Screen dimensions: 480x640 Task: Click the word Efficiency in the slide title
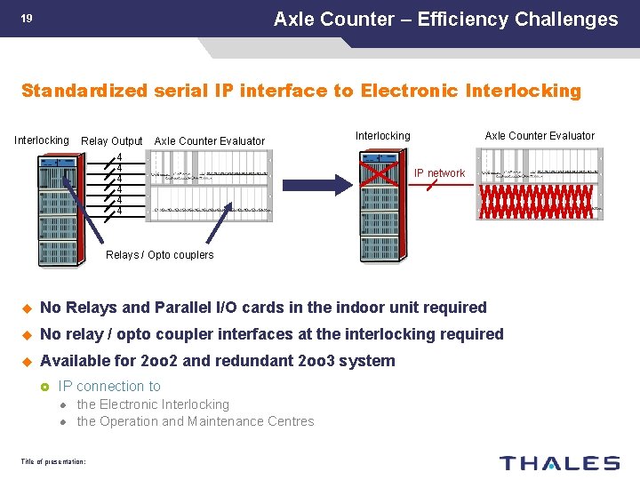[x=458, y=19]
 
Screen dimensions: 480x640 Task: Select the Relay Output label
[x=111, y=141]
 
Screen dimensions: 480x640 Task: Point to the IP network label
[x=439, y=173]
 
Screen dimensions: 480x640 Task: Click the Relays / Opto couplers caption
[x=160, y=255]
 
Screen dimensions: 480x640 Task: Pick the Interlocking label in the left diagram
[x=41, y=140]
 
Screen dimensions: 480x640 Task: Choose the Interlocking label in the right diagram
[x=382, y=136]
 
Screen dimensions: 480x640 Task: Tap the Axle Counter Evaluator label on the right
[x=539, y=136]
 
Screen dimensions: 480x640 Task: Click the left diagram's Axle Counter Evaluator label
[x=209, y=141]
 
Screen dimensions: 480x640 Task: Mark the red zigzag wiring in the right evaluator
[x=536, y=202]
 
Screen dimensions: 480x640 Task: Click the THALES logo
[x=559, y=462]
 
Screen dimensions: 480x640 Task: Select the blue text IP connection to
[x=109, y=386]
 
